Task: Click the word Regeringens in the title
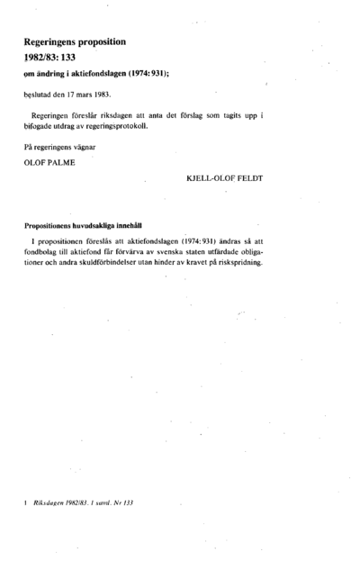tap(55, 42)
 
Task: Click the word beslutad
tap(40, 94)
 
